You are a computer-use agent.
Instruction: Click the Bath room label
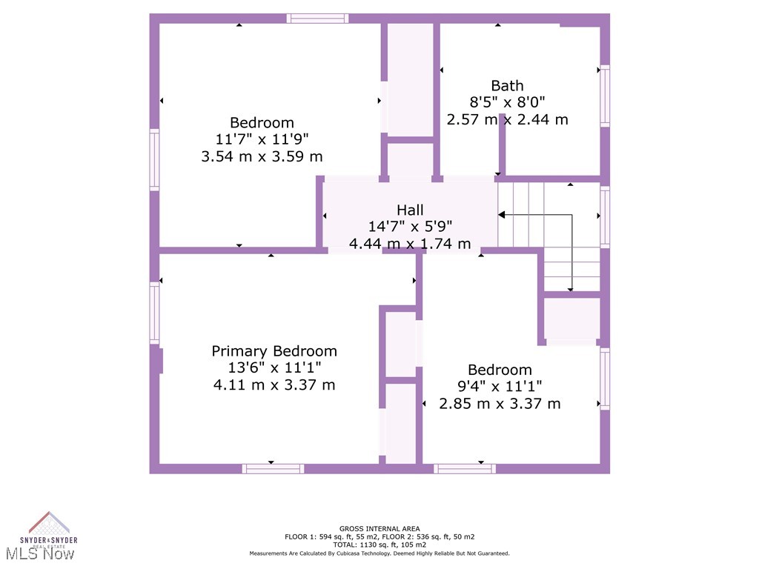point(507,85)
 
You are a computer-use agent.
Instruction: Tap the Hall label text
point(410,210)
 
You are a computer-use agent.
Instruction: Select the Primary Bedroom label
point(274,351)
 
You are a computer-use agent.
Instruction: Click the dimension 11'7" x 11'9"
point(262,139)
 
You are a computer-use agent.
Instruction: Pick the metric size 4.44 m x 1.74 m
point(410,244)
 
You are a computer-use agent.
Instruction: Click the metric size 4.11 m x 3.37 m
point(274,385)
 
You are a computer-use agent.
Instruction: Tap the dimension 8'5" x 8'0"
point(507,102)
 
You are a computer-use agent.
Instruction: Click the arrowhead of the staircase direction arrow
point(502,215)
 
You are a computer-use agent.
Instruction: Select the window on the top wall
point(317,19)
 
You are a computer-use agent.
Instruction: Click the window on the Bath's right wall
point(605,96)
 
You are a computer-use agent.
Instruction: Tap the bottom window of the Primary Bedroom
point(273,468)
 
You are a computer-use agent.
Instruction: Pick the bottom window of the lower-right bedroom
point(465,468)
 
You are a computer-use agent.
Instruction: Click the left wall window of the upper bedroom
point(154,159)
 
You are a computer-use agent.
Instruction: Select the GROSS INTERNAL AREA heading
point(379,529)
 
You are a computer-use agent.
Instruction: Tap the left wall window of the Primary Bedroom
point(154,312)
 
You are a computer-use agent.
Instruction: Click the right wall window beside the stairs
point(605,217)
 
